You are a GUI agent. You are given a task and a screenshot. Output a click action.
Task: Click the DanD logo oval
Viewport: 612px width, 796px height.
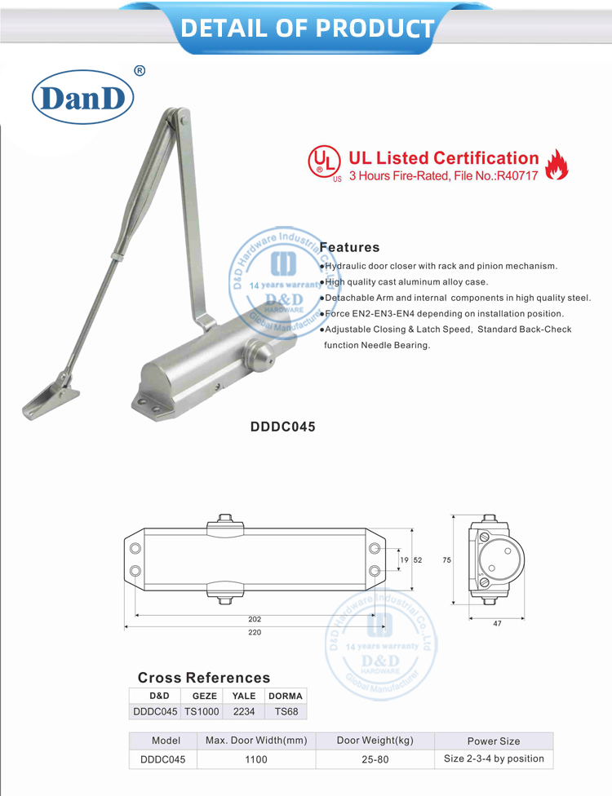click(82, 99)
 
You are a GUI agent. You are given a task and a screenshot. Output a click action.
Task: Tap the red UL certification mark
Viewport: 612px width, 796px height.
click(324, 162)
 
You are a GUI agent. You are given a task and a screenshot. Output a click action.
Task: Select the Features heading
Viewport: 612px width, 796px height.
click(349, 247)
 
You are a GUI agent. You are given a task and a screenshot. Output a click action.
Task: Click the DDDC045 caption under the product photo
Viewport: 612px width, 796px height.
click(282, 426)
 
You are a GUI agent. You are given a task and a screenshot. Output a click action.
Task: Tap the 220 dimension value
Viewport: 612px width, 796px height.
click(255, 632)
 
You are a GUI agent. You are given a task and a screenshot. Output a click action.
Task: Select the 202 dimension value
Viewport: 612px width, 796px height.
click(255, 619)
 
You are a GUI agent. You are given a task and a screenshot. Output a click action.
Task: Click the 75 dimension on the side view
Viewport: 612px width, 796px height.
click(446, 560)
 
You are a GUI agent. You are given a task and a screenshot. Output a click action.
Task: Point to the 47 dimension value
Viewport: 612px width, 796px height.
click(497, 623)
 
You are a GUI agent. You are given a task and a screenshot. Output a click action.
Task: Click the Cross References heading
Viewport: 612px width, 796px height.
click(203, 678)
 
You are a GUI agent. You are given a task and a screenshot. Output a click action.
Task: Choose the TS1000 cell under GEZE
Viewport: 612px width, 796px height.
click(202, 711)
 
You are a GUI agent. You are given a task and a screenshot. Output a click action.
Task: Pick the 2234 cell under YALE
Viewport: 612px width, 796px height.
click(244, 711)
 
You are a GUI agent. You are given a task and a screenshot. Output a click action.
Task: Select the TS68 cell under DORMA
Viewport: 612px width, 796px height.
click(286, 711)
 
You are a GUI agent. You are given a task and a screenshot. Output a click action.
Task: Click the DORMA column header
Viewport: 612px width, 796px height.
click(286, 696)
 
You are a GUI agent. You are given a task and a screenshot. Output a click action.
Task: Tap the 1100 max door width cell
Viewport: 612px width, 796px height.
click(255, 759)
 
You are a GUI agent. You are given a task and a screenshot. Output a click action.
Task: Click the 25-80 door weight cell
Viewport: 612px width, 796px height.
click(375, 759)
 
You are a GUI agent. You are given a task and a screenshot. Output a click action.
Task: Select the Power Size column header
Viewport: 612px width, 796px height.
click(493, 741)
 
